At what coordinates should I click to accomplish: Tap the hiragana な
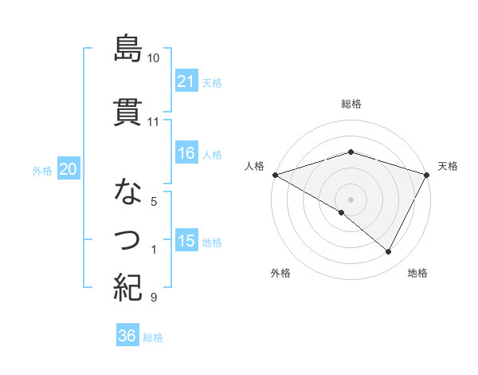pos(127,191)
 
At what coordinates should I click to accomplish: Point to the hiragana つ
pos(127,238)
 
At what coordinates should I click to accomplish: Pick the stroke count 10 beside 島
pos(154,58)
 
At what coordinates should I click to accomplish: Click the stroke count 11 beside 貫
pos(153,122)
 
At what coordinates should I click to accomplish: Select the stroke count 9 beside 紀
pos(153,298)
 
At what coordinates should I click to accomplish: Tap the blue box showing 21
pos(186,81)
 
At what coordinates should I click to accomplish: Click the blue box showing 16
pos(186,153)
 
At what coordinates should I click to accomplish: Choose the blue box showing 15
pos(186,241)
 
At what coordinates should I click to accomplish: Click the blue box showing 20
pos(69,169)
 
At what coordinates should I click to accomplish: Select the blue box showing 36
pos(127,336)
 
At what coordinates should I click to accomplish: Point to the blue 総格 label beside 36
pos(153,337)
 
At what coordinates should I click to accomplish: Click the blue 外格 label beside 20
pos(42,171)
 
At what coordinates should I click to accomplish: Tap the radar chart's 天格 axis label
pos(449,166)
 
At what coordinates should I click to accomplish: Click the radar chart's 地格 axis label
pos(417,273)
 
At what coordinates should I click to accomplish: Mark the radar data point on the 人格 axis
pos(276,174)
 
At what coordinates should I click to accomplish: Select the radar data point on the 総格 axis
pos(351,152)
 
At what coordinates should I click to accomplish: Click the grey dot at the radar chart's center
pos(351,198)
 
